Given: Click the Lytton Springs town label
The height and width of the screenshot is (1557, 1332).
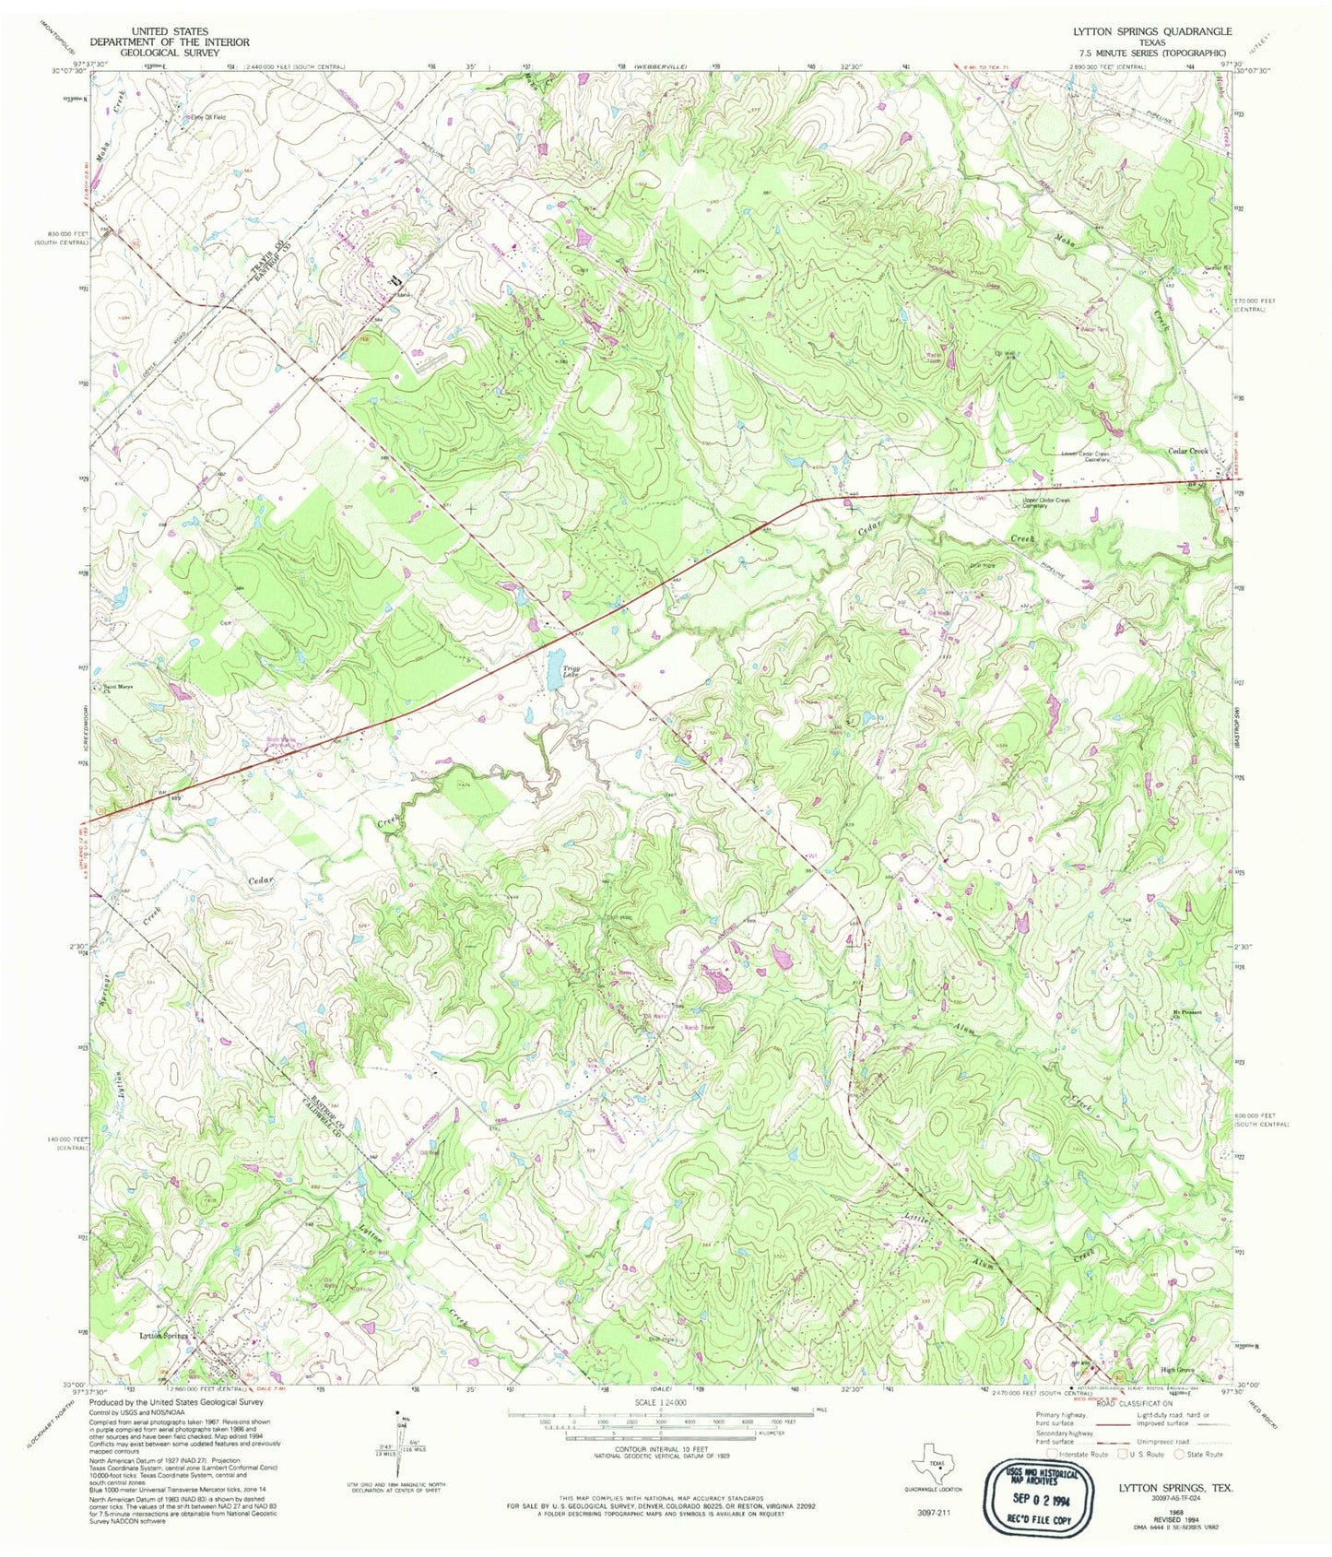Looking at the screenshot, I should point(163,1336).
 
